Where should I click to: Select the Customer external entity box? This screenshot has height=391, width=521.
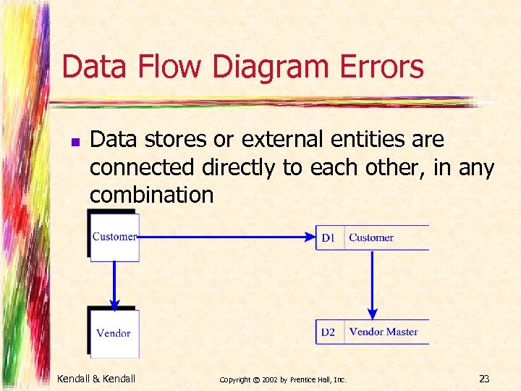(x=114, y=237)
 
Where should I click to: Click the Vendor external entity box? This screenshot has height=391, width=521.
(x=114, y=333)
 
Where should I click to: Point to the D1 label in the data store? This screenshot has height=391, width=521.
(x=329, y=237)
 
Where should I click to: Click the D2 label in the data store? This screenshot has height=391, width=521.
(x=329, y=332)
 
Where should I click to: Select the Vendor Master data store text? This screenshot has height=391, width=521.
(x=384, y=332)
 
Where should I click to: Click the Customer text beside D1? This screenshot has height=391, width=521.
(x=371, y=237)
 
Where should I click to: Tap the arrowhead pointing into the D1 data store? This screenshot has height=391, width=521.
(x=310, y=237)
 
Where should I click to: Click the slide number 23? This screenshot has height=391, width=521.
(x=485, y=378)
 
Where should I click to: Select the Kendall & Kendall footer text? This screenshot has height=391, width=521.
(x=96, y=378)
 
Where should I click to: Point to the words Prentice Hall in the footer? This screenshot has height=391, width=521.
(x=313, y=379)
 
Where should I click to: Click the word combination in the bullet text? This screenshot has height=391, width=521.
(x=151, y=195)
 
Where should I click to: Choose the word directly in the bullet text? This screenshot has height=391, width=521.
(x=240, y=167)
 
